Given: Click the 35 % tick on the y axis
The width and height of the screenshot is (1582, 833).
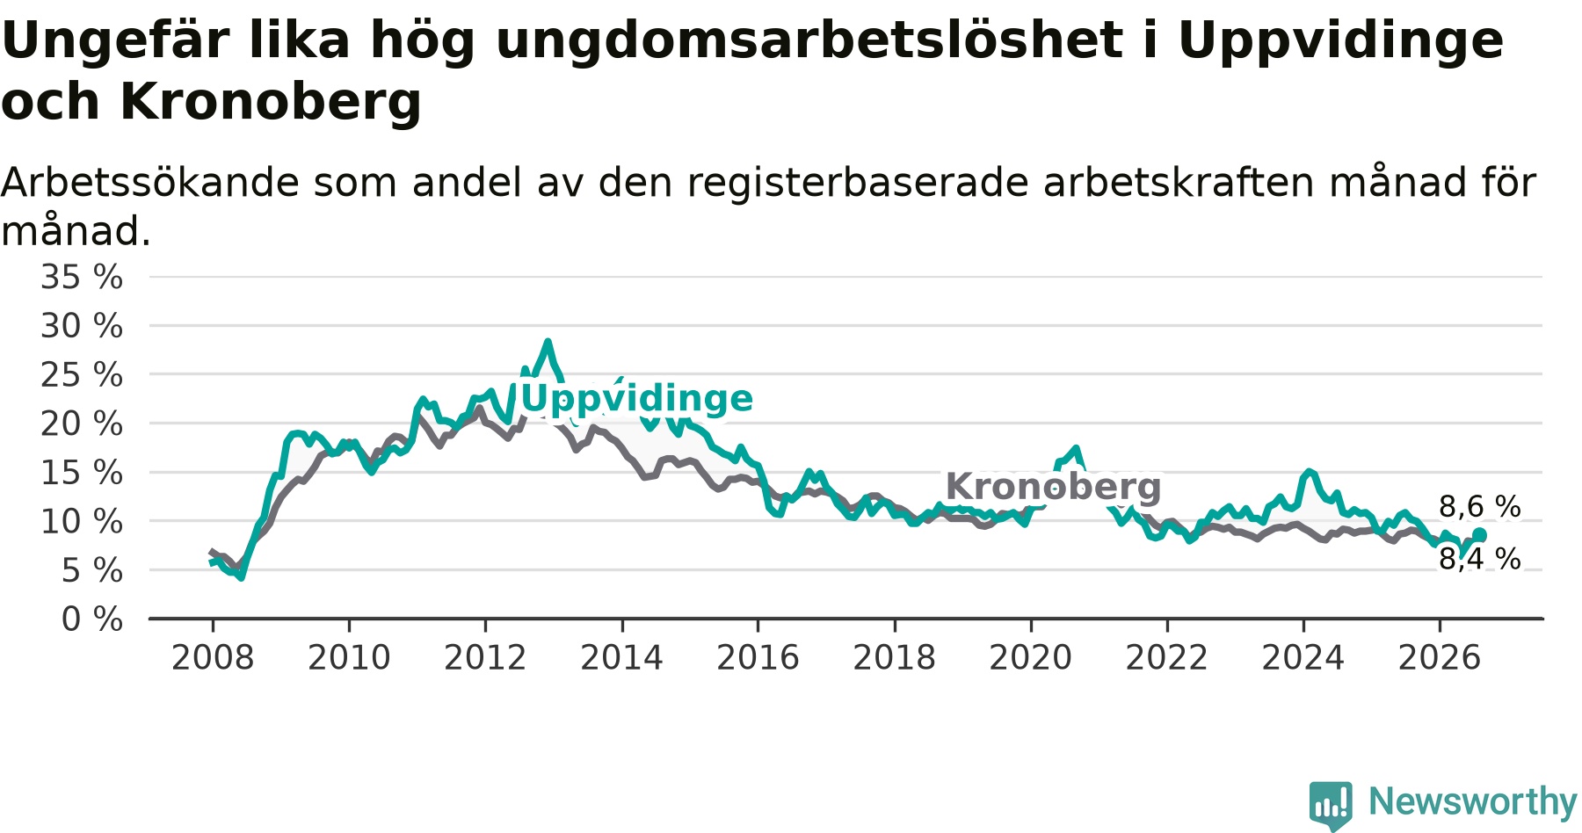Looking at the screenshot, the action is [x=82, y=278].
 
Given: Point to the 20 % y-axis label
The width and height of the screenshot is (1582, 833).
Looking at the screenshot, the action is [x=82, y=424].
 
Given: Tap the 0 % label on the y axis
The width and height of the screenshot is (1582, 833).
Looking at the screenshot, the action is [x=92, y=619].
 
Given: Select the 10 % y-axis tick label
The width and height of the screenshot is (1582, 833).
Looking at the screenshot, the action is [x=82, y=522].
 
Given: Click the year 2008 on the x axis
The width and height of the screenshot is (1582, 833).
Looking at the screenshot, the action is [x=213, y=658].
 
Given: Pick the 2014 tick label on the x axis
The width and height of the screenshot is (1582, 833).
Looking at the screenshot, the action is [x=621, y=658].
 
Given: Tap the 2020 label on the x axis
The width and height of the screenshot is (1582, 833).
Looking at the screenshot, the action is [x=1031, y=658].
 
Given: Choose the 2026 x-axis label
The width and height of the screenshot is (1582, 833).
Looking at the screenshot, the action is [x=1440, y=658].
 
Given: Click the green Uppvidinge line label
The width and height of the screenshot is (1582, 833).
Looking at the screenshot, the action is [x=637, y=399].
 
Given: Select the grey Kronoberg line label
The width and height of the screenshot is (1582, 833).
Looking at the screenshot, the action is [x=1053, y=486].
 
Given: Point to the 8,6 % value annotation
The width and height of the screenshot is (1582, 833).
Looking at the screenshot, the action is [x=1480, y=507].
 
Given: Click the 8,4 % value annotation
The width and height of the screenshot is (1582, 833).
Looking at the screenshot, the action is [x=1480, y=559].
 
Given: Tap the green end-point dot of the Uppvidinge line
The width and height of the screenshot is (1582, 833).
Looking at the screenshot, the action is [x=1479, y=534].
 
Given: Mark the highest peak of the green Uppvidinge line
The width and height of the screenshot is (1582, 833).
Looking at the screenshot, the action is [x=548, y=342].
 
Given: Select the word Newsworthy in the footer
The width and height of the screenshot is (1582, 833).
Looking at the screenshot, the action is [x=1473, y=801].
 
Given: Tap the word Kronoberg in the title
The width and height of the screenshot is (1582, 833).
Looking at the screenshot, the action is [x=271, y=102].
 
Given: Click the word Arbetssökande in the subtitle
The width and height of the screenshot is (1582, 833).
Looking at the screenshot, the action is [x=150, y=183].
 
